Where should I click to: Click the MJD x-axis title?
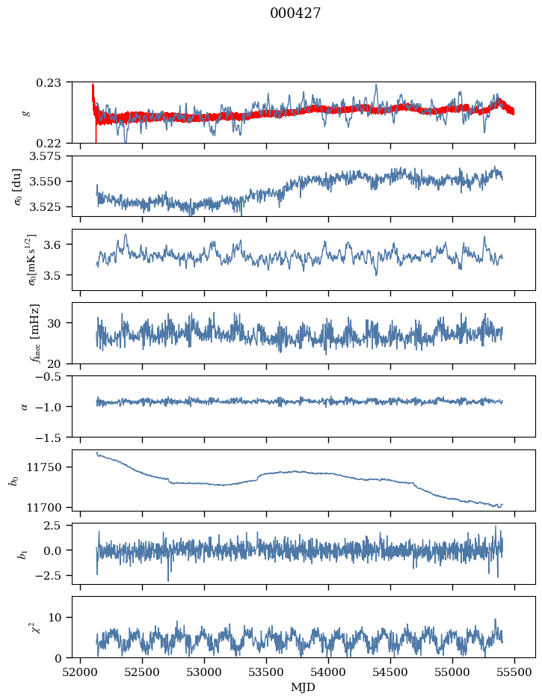pos(303,687)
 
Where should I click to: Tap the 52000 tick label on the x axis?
pos(81,672)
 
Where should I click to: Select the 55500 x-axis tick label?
pos(514,672)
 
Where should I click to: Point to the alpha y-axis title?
pos(25,406)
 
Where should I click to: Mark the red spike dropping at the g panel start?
pos(96,133)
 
